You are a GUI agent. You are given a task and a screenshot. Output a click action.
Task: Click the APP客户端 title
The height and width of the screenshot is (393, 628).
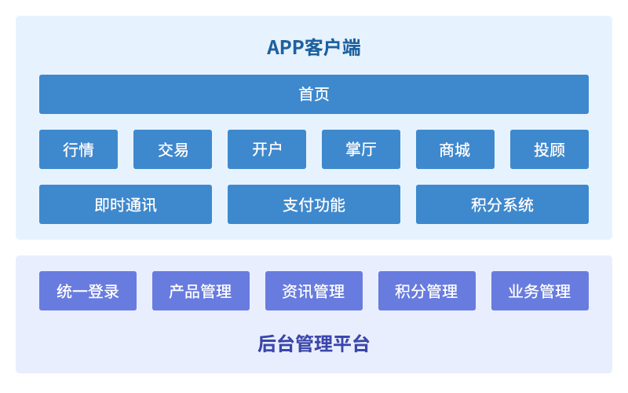[313, 47]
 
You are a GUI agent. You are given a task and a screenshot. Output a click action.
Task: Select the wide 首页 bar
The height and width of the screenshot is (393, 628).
[313, 94]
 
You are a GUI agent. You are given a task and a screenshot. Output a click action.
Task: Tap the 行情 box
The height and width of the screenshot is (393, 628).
[78, 149]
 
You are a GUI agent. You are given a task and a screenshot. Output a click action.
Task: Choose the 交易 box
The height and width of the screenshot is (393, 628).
[173, 149]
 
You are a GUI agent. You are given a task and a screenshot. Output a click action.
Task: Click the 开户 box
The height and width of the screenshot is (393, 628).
[267, 149]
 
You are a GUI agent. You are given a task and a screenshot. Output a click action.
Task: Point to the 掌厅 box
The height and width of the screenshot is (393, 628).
[361, 149]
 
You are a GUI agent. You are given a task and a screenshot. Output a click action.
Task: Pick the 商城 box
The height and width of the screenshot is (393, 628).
[455, 149]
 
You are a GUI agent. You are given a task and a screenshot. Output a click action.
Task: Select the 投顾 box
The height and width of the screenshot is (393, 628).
[549, 149]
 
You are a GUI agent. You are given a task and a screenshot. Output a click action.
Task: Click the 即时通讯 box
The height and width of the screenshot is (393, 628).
[126, 204]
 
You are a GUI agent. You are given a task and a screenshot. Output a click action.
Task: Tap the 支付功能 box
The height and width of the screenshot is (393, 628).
[313, 204]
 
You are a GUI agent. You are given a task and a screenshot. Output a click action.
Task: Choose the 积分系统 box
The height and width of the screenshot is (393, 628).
[502, 204]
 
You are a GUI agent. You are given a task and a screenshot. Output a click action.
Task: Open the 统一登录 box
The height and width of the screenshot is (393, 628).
[88, 291]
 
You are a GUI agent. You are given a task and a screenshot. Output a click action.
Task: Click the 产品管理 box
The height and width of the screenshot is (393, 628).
[201, 291]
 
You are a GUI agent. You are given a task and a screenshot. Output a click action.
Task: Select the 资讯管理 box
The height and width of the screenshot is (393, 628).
[313, 291]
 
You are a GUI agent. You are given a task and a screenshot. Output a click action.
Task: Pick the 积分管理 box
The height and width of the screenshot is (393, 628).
[427, 291]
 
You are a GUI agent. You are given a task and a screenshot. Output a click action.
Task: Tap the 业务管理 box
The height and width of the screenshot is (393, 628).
[540, 291]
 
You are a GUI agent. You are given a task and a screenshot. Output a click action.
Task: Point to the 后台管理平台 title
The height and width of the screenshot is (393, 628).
[313, 343]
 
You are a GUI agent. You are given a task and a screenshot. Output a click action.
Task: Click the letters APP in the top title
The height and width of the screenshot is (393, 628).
[285, 48]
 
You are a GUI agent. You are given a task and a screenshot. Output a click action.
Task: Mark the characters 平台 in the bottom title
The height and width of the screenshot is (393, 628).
[351, 343]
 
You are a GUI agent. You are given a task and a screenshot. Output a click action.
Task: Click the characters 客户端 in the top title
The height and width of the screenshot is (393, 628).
[332, 47]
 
